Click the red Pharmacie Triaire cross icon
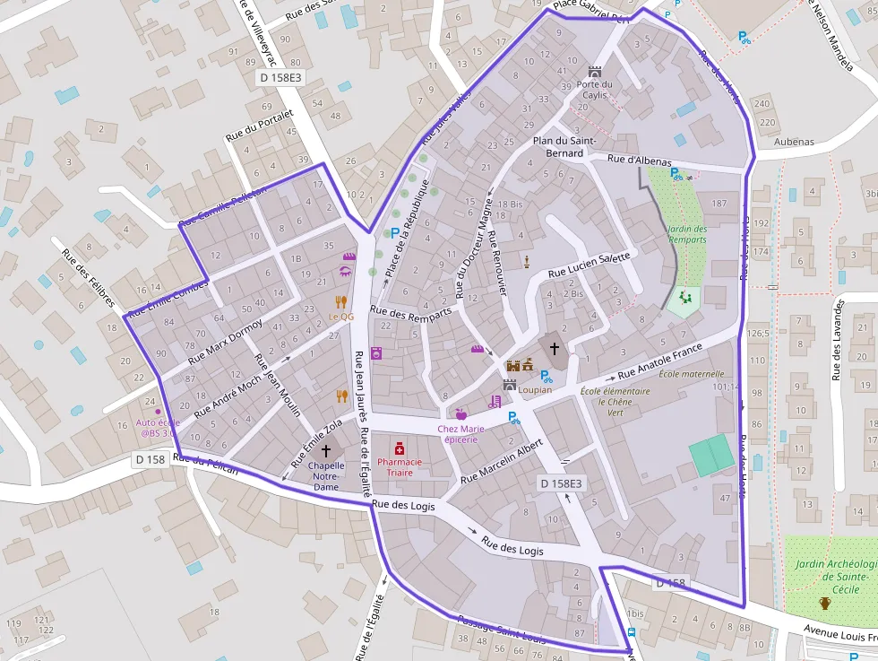point(399,447)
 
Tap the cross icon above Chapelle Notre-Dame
point(325,450)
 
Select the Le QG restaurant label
point(341,317)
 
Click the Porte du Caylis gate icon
point(594,72)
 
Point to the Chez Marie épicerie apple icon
point(461,414)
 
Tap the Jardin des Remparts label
point(687,234)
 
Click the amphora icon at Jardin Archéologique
point(825,604)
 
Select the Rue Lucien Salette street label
point(590,264)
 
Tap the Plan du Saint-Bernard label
point(564,146)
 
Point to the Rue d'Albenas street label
point(639,160)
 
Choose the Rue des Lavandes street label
point(838,341)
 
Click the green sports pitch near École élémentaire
point(711,455)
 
